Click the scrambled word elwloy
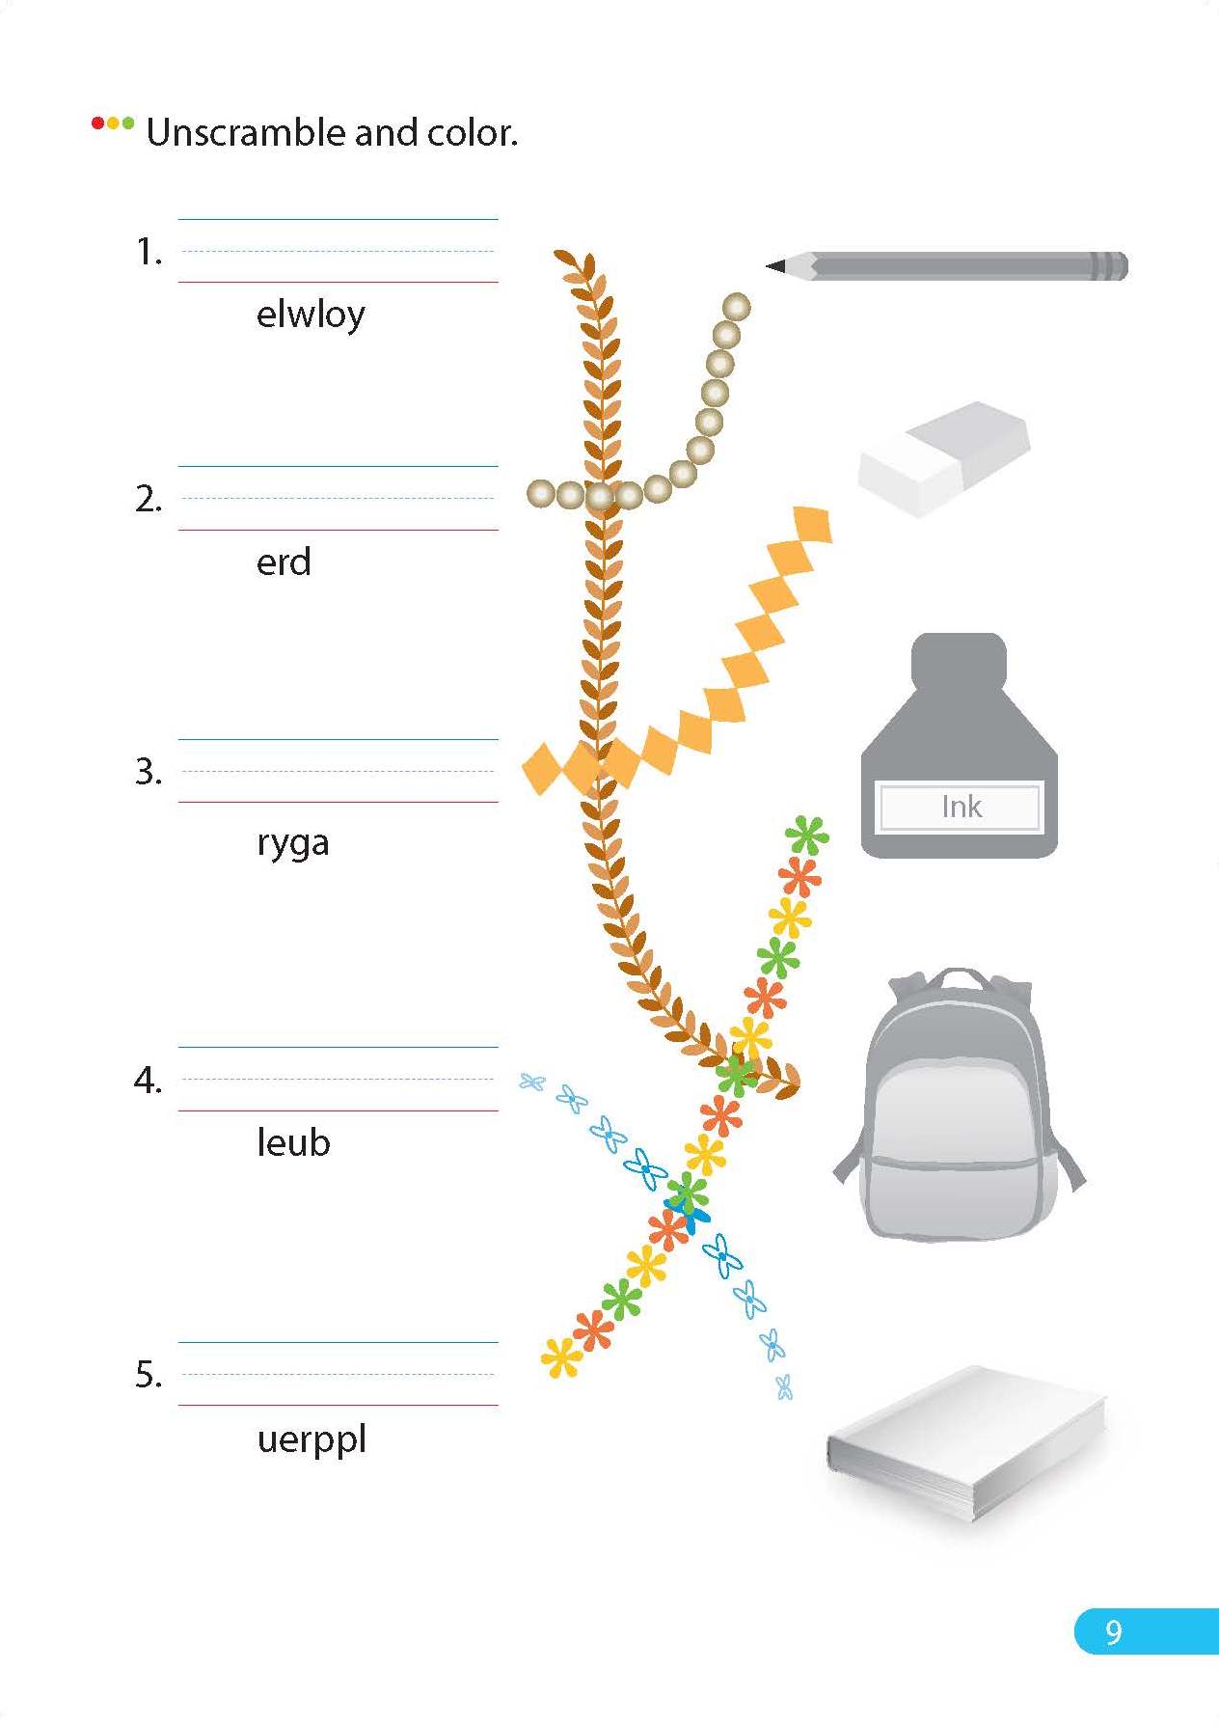(311, 315)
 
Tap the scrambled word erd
(284, 562)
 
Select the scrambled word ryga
(293, 843)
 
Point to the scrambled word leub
(293, 1143)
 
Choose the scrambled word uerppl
(312, 1439)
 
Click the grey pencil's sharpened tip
(775, 265)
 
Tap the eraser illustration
(943, 457)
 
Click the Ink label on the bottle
(961, 807)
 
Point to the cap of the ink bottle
(959, 659)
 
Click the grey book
(964, 1442)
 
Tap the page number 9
(1114, 1631)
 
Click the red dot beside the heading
(97, 123)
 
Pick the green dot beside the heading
(128, 123)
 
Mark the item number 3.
(148, 772)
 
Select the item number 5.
(148, 1374)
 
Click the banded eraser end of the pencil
(1109, 266)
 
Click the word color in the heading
(471, 133)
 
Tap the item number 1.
(148, 252)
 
